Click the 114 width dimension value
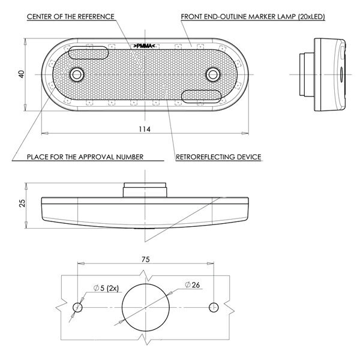[x=145, y=129]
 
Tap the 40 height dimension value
[x=22, y=74]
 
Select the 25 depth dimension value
[x=22, y=203]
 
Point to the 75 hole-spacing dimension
[x=146, y=259]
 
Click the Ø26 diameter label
[x=193, y=285]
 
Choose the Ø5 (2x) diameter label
[x=106, y=288]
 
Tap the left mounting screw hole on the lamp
[x=77, y=74]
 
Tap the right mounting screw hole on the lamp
[x=213, y=74]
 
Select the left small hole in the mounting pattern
[x=77, y=307]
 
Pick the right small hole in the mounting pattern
[x=214, y=307]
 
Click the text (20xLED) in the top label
[x=311, y=17]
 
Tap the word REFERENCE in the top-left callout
[x=96, y=17]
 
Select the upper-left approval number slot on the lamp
[x=88, y=53]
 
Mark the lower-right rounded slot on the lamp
[x=202, y=96]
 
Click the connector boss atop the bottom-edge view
[x=145, y=190]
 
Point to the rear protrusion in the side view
[x=307, y=74]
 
